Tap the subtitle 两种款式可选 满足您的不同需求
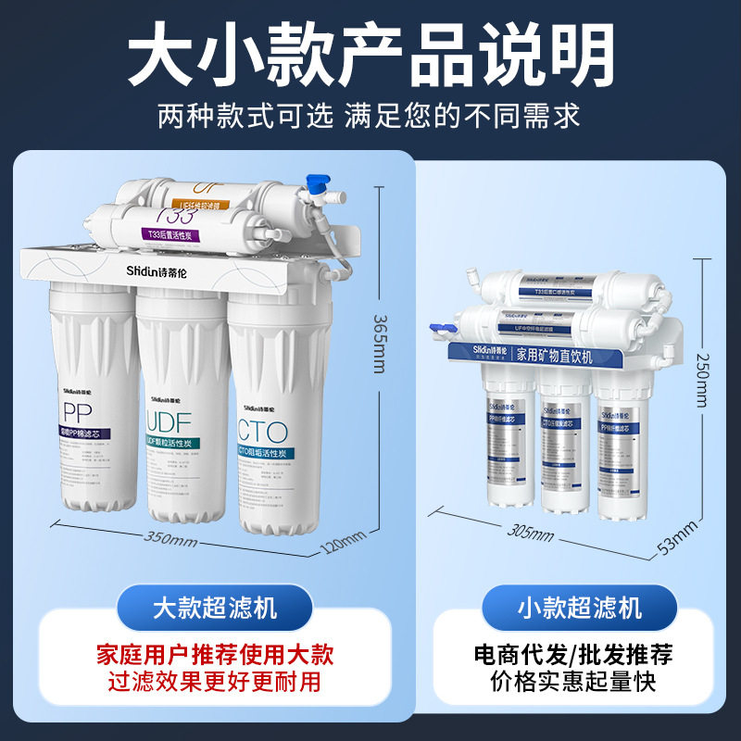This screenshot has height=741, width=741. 370,116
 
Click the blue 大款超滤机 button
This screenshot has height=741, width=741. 215,608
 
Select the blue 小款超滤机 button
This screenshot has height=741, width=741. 579,608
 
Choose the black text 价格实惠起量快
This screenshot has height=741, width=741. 573,683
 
